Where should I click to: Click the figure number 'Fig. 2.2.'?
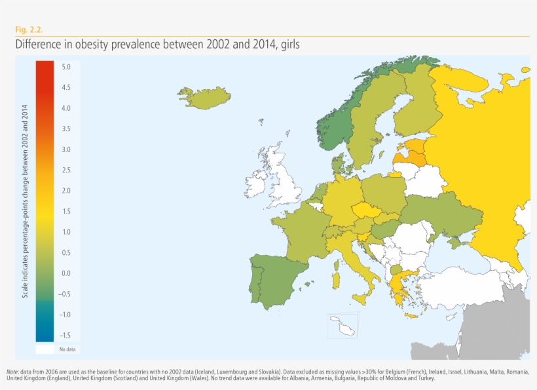(29, 29)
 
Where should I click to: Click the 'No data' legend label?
(67, 349)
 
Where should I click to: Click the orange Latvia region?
(410, 157)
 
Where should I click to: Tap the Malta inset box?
(340, 326)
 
